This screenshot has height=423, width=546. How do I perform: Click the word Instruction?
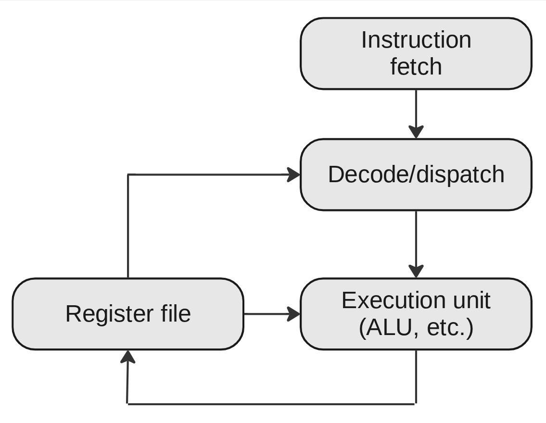tap(416, 40)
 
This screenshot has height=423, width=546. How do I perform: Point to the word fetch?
tap(416, 66)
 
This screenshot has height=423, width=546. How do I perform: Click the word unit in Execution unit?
tap(471, 300)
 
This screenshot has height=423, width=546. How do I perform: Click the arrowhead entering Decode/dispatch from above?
tap(416, 132)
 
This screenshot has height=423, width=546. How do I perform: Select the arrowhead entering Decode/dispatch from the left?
tap(293, 174)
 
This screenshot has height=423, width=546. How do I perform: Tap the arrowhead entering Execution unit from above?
tap(416, 271)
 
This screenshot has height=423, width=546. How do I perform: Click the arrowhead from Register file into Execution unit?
tap(293, 314)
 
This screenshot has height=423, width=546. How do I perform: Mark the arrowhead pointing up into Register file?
tap(127, 357)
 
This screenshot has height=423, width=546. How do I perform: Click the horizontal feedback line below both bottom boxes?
tap(269, 404)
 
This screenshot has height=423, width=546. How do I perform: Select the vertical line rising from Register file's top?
tap(127, 226)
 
